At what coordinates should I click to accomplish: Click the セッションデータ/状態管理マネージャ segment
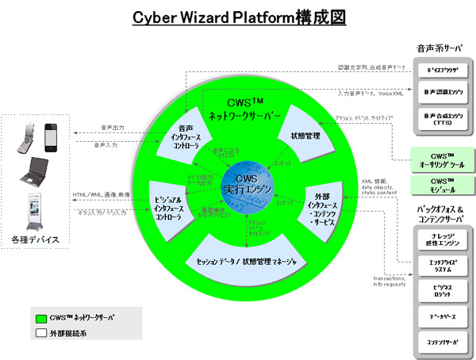click(x=246, y=262)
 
